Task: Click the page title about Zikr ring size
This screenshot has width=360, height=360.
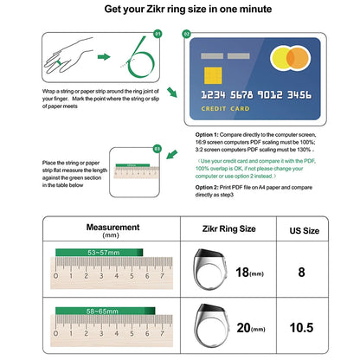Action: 179,10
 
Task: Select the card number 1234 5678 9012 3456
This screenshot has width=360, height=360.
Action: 261,95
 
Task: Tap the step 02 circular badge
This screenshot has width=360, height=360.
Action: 186,34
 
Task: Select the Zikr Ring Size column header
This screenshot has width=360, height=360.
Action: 223,230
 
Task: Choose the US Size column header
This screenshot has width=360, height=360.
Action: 304,231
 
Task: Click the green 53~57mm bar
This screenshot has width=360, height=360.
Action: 87,252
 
